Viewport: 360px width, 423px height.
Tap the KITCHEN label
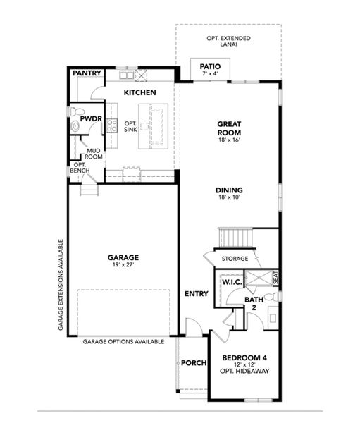pyautogui.click(x=139, y=92)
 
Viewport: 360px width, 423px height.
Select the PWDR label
pyautogui.click(x=91, y=120)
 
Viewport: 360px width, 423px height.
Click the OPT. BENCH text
pyautogui.click(x=79, y=168)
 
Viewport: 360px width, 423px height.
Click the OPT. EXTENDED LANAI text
pyautogui.click(x=230, y=41)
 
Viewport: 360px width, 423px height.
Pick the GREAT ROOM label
pyautogui.click(x=229, y=128)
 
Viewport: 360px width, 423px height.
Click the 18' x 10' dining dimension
pyautogui.click(x=230, y=198)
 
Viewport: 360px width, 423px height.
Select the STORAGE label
pyautogui.click(x=235, y=259)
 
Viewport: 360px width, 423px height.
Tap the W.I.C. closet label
pyautogui.click(x=231, y=282)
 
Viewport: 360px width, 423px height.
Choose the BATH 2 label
pyautogui.click(x=254, y=303)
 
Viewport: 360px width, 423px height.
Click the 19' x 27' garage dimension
pyautogui.click(x=123, y=266)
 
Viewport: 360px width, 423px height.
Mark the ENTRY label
pyautogui.click(x=194, y=293)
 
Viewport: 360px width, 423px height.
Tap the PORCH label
pyautogui.click(x=194, y=363)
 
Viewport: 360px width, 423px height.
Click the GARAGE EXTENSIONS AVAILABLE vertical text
pyautogui.click(x=61, y=285)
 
